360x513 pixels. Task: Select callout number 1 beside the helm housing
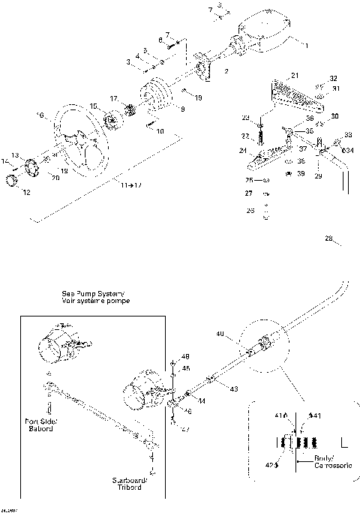pos(305,46)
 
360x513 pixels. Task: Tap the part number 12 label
pos(26,193)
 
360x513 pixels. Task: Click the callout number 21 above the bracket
pos(295,76)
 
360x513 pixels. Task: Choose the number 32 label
pos(334,78)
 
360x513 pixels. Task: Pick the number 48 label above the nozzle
pos(185,355)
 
